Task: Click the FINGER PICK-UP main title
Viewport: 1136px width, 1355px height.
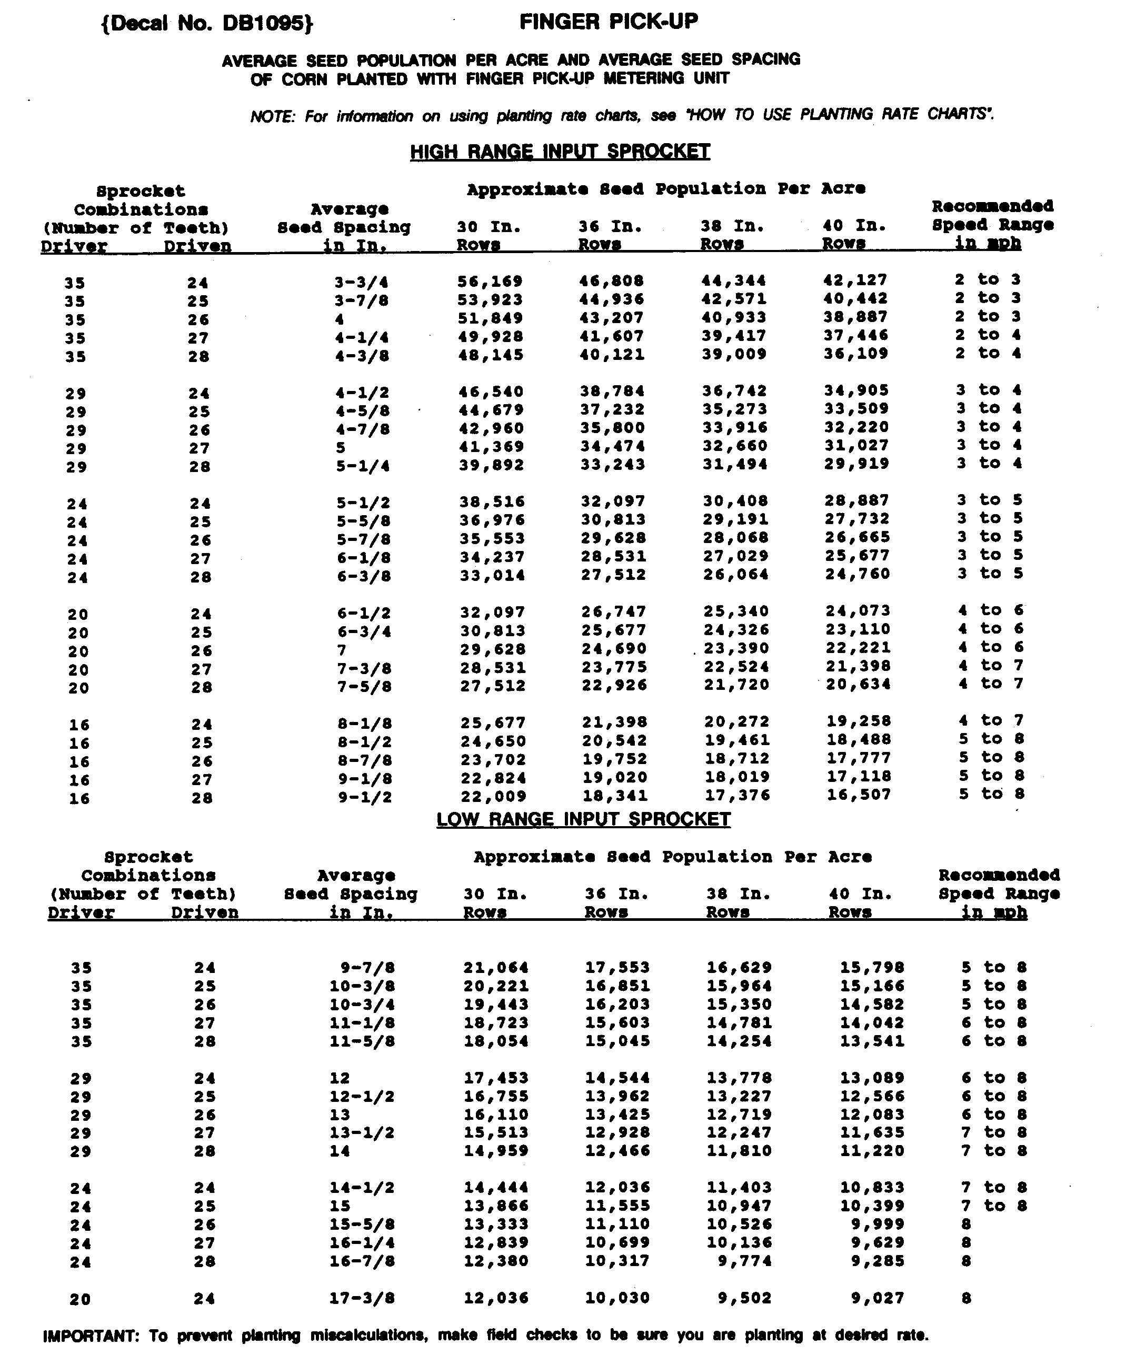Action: pyautogui.click(x=608, y=22)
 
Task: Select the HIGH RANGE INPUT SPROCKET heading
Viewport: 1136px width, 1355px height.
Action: pyautogui.click(x=560, y=152)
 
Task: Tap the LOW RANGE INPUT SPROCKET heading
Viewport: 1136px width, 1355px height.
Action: pyautogui.click(x=583, y=819)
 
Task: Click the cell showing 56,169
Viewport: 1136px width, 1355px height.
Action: pyautogui.click(x=490, y=282)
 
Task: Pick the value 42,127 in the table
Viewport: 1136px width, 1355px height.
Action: pyautogui.click(x=855, y=280)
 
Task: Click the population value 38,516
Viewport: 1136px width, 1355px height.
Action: pyautogui.click(x=492, y=502)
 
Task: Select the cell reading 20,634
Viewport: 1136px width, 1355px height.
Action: pyautogui.click(x=858, y=685)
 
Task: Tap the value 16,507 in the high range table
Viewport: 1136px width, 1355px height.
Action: pyautogui.click(x=859, y=795)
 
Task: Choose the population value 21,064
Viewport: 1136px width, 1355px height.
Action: pyautogui.click(x=496, y=968)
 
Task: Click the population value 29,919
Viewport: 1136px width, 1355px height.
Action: pyautogui.click(x=856, y=464)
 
